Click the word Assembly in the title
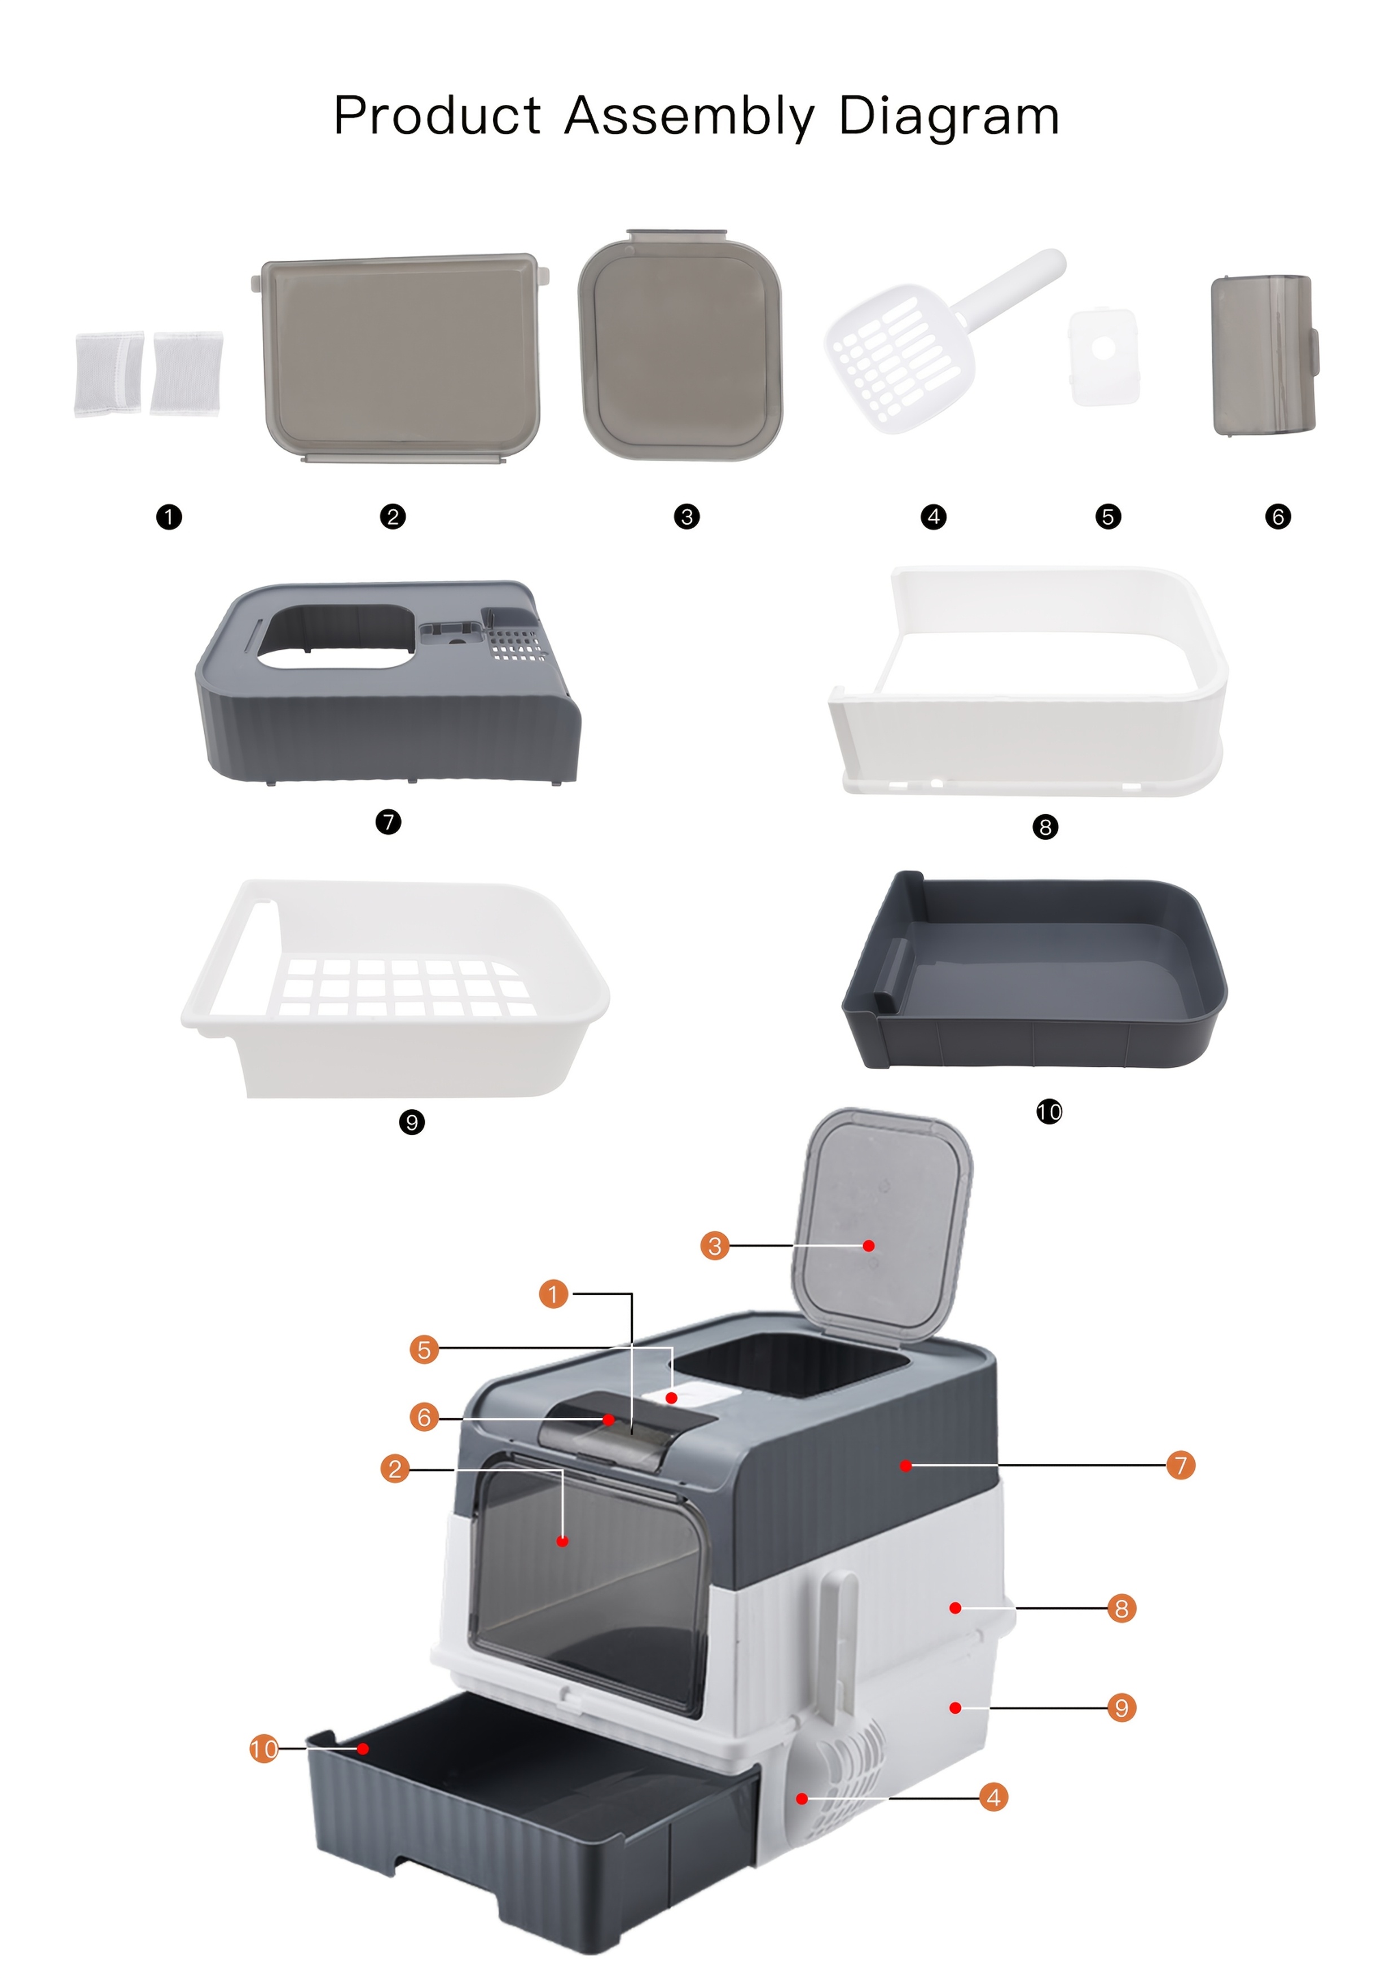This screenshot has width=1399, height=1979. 689,116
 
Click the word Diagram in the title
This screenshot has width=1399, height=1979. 949,116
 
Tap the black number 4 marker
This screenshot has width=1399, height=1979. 934,517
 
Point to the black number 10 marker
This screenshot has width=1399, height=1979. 1049,1112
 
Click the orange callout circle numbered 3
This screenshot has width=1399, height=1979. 715,1246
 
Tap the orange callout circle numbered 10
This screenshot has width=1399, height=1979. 265,1749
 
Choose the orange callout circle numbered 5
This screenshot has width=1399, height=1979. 424,1350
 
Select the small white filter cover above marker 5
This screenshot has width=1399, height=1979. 1104,356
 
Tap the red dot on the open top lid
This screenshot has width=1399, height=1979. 869,1246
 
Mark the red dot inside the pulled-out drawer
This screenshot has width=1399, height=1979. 364,1749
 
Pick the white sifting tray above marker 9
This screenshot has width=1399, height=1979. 395,988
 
